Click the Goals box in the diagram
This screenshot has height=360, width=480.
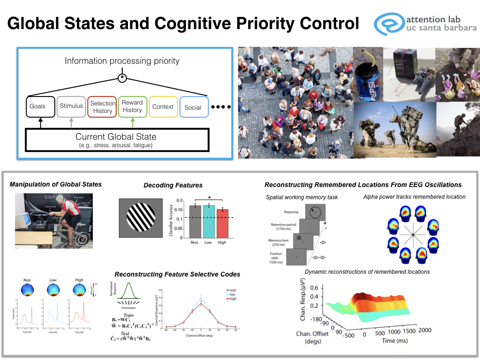point(37,106)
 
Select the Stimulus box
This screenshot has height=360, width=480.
point(71,106)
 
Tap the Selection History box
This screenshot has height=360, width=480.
point(102,107)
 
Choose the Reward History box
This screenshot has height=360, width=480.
point(132,106)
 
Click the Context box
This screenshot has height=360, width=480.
point(163,106)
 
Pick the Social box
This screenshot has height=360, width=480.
point(193,107)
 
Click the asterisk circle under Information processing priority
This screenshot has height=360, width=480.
point(122,77)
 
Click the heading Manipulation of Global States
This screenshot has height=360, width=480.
point(55,184)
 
